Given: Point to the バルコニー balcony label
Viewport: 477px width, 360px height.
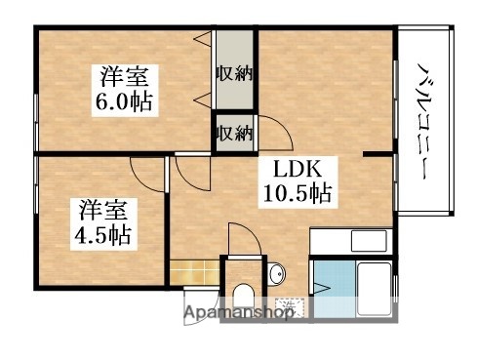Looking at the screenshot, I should [x=425, y=122].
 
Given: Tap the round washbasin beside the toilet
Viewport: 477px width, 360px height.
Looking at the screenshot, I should [x=276, y=272].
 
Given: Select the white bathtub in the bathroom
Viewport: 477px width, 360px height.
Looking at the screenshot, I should [x=369, y=283].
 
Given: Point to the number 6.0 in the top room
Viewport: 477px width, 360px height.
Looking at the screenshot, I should [x=118, y=100].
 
